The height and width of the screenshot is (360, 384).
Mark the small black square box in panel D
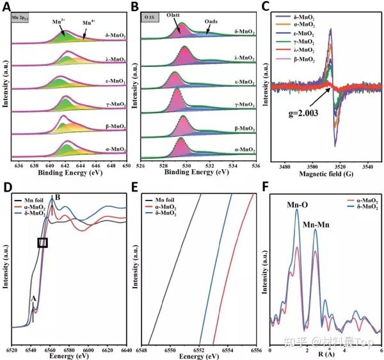(43, 243)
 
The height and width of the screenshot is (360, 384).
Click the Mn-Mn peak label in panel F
(315, 221)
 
